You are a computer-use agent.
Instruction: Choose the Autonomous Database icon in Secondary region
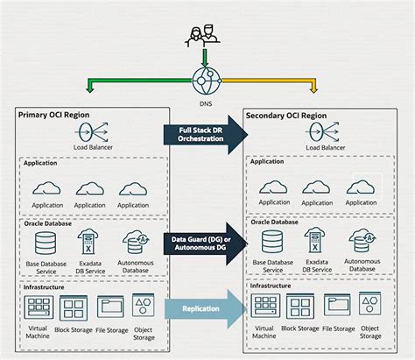362,240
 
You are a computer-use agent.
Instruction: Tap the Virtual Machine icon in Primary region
38,307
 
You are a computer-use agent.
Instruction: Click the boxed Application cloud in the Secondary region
362,187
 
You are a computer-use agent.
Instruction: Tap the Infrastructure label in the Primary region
44,286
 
